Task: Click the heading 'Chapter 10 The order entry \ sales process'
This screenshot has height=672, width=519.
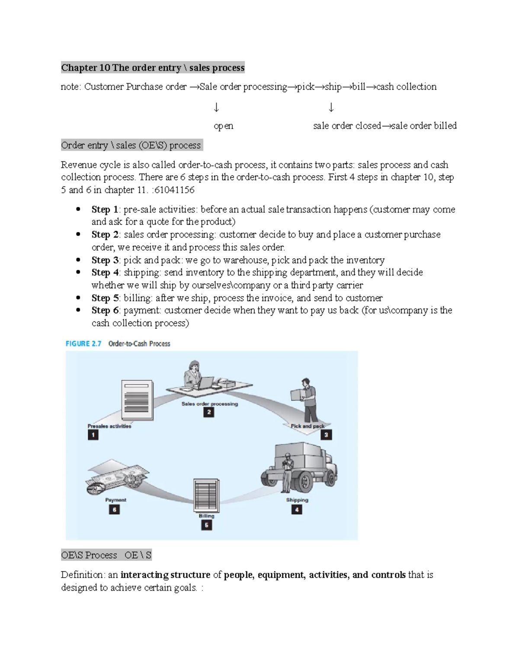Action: (153, 68)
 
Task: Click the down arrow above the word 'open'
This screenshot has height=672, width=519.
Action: (217, 107)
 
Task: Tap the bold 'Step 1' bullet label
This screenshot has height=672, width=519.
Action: (105, 209)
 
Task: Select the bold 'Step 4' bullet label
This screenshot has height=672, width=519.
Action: (105, 273)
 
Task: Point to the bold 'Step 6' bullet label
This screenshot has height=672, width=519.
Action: (105, 310)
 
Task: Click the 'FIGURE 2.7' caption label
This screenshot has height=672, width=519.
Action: (83, 344)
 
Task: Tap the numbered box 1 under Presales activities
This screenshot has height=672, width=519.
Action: (93, 435)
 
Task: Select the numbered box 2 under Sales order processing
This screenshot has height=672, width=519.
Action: (208, 412)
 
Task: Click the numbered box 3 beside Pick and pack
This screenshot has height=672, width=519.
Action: (327, 435)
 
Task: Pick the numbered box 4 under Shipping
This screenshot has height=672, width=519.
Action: (297, 509)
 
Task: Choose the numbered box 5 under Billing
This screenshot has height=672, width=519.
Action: (206, 525)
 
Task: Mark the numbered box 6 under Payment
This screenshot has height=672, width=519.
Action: (114, 509)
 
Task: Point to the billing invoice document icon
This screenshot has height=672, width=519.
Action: (206, 495)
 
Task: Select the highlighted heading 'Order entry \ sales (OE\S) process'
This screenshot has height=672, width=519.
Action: (131, 145)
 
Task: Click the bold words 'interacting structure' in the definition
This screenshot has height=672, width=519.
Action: (165, 575)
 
